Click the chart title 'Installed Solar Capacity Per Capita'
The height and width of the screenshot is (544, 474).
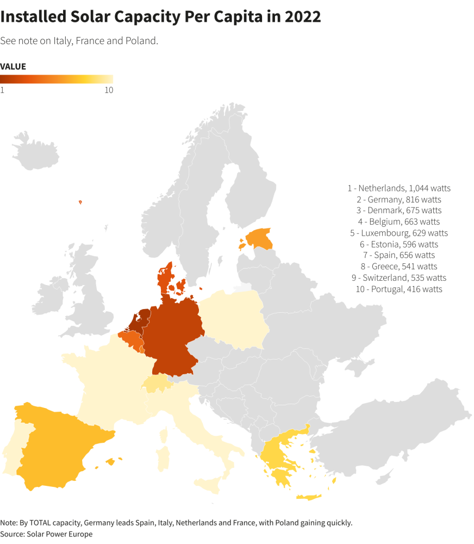pos(160,17)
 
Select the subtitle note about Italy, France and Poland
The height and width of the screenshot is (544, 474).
pos(79,41)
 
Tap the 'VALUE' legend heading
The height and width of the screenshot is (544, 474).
pos(13,66)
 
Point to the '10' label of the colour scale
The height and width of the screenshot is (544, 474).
pos(109,90)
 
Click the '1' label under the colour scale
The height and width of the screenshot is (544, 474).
pos(2,90)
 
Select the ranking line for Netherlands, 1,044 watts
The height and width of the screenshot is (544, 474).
pos(399,188)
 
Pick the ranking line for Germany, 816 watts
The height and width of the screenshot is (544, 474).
pos(399,199)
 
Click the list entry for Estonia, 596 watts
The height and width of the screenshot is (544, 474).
pos(399,244)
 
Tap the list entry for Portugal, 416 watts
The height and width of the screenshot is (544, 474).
pos(399,289)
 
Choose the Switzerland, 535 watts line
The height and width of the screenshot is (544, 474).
pos(399,278)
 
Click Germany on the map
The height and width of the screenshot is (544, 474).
pos(171,337)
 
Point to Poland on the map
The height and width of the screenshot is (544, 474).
pos(234,321)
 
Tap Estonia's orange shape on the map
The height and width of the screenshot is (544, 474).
pos(260,237)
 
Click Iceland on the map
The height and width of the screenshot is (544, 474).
pos(35,150)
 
